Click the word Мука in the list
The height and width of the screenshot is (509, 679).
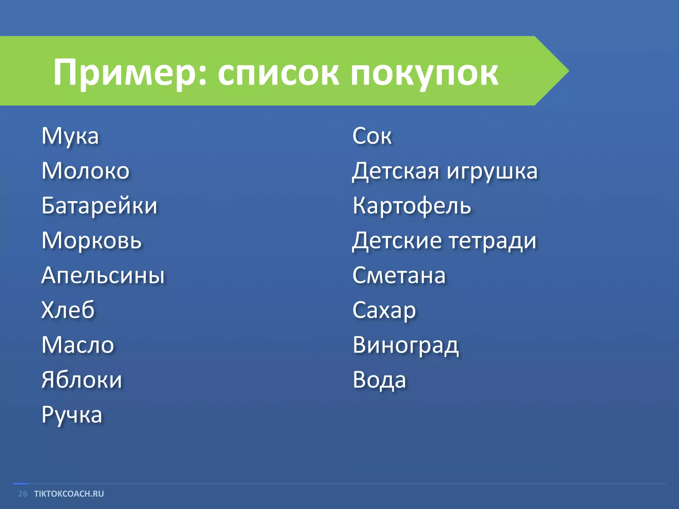tap(70, 136)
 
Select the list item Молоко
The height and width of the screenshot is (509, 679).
tap(86, 171)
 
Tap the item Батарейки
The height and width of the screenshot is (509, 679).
tap(99, 206)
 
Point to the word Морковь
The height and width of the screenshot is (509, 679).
tap(92, 241)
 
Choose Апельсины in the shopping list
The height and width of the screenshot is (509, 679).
tap(103, 275)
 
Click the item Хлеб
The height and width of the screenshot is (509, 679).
tap(68, 310)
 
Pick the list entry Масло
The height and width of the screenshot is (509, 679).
tap(78, 345)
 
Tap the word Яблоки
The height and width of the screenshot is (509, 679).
tap(82, 380)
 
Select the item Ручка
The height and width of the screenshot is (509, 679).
tap(72, 415)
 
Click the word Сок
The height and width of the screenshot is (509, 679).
tap(372, 136)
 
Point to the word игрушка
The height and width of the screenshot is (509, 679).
tap(492, 172)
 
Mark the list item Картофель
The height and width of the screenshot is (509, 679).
tap(412, 206)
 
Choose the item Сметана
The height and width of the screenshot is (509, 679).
tap(399, 275)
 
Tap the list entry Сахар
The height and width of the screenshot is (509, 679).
tap(384, 311)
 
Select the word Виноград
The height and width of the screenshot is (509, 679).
tap(406, 346)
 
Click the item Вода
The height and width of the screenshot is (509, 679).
tap(379, 380)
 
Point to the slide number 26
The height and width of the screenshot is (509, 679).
tap(23, 494)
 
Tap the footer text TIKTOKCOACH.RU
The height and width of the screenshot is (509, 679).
tap(69, 494)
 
